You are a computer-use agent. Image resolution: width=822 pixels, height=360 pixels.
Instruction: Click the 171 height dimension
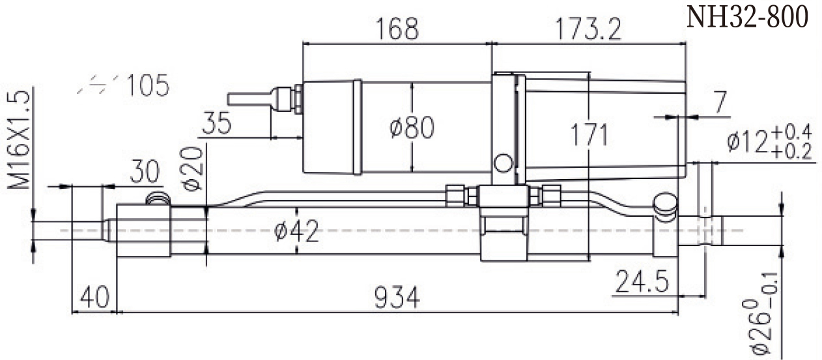point(589,135)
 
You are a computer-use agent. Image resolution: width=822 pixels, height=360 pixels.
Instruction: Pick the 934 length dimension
point(397,298)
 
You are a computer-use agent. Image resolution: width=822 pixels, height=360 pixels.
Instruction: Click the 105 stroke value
point(148,85)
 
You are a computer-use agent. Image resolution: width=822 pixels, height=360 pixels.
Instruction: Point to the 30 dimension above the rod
point(143,173)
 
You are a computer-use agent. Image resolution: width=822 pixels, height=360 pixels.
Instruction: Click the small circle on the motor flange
point(502,162)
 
